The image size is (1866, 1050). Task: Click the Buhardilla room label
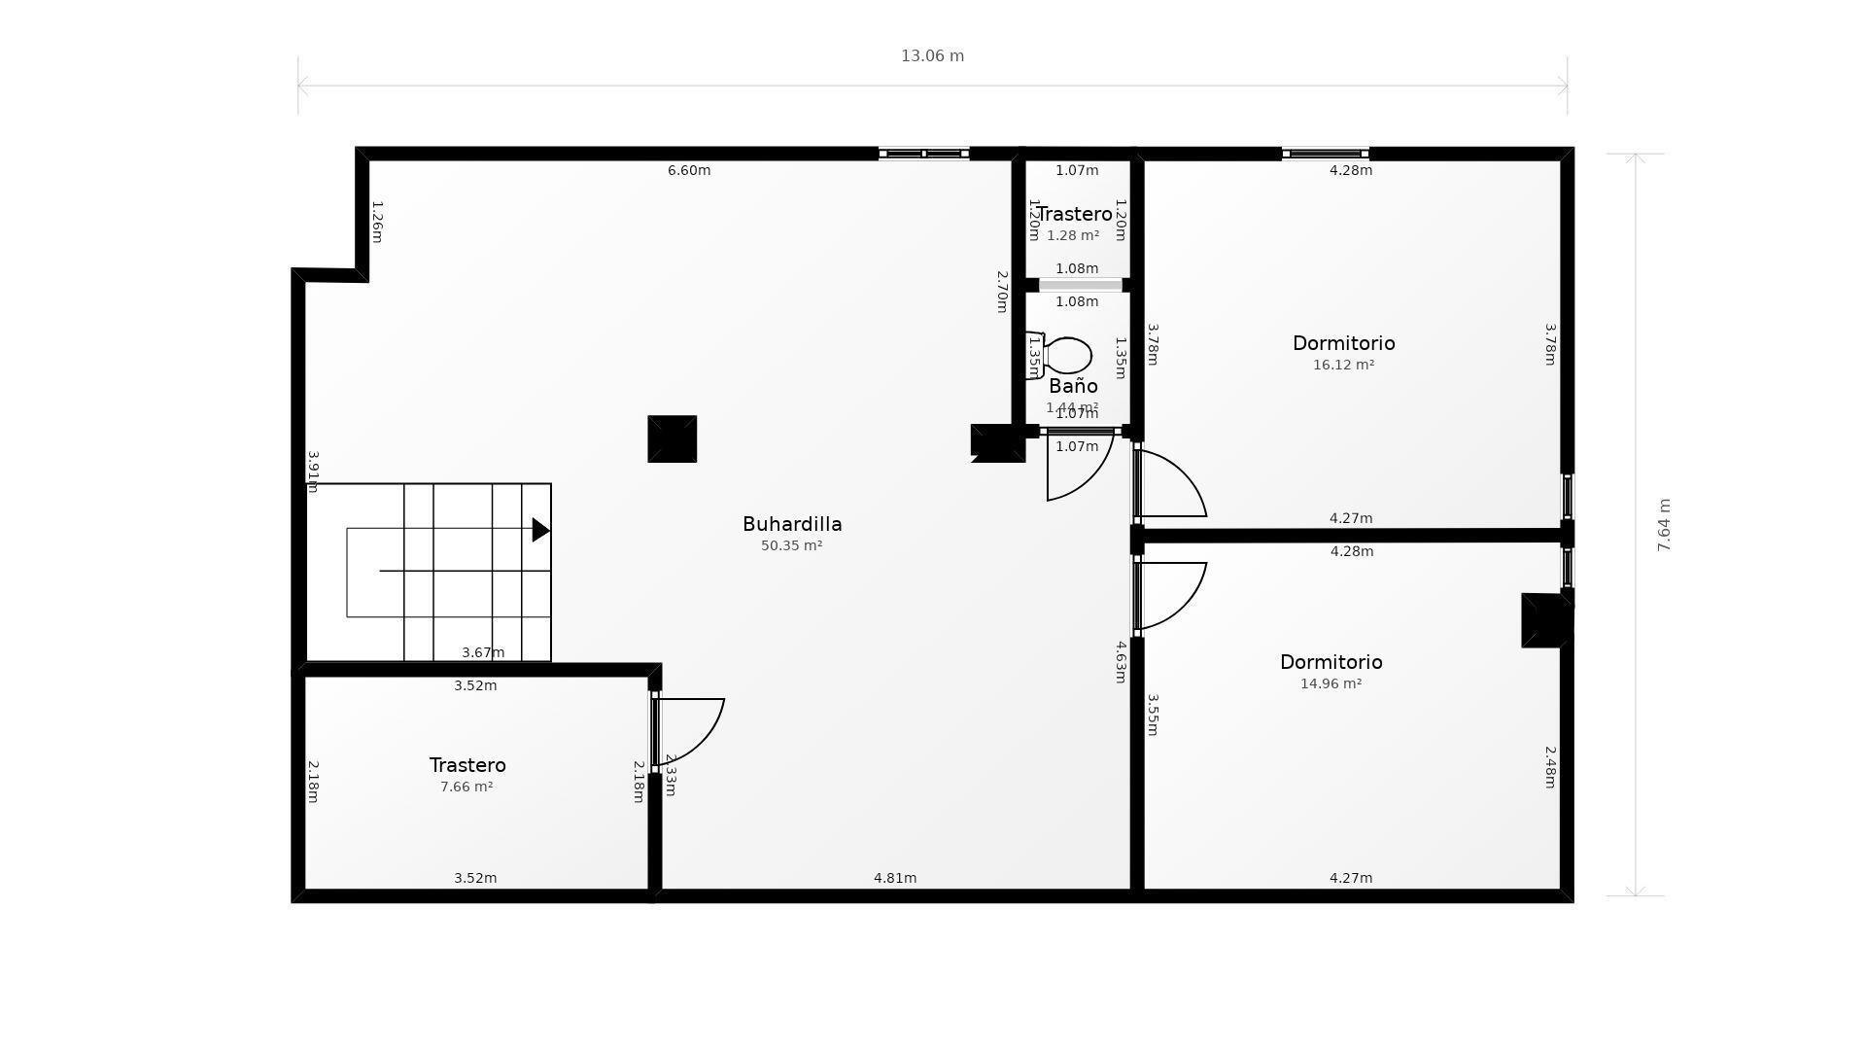tap(792, 524)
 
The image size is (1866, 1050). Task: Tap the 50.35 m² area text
tap(791, 545)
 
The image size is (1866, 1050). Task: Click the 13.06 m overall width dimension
tap(932, 56)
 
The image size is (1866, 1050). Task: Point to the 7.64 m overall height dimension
tap(1664, 525)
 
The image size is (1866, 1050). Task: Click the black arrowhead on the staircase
tap(540, 530)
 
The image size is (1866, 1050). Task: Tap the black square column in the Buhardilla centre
tap(672, 438)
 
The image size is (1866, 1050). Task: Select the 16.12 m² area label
tap(1343, 365)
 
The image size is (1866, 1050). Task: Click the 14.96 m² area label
tap(1330, 683)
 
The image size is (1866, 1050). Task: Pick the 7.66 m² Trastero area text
tap(466, 787)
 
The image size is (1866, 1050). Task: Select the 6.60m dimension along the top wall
tap(689, 170)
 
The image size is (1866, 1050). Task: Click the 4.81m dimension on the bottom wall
tap(894, 878)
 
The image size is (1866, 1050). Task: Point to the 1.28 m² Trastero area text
tap(1073, 235)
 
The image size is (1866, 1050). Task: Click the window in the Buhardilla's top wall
tap(923, 154)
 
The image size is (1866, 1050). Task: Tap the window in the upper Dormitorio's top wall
tap(1325, 154)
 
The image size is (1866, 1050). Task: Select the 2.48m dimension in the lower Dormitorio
tap(1550, 767)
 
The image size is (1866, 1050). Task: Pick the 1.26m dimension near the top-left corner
tap(377, 222)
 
